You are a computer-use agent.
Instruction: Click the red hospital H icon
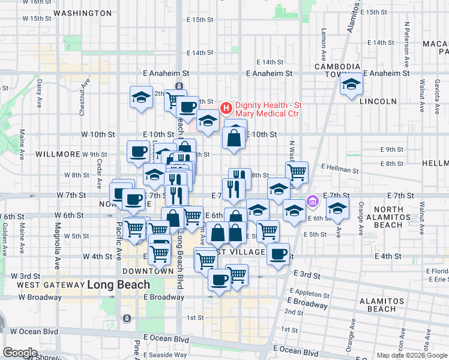tap(226, 109)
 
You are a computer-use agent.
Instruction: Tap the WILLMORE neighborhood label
tap(58, 154)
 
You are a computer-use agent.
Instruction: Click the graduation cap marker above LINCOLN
tap(351, 85)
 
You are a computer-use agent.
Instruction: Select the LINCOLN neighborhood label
tap(378, 101)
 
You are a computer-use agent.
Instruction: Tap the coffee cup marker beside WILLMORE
tap(138, 151)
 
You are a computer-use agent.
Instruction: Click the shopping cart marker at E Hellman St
tap(297, 173)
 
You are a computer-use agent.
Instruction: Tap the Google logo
tap(20, 353)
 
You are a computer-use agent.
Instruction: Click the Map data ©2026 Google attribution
tap(411, 355)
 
